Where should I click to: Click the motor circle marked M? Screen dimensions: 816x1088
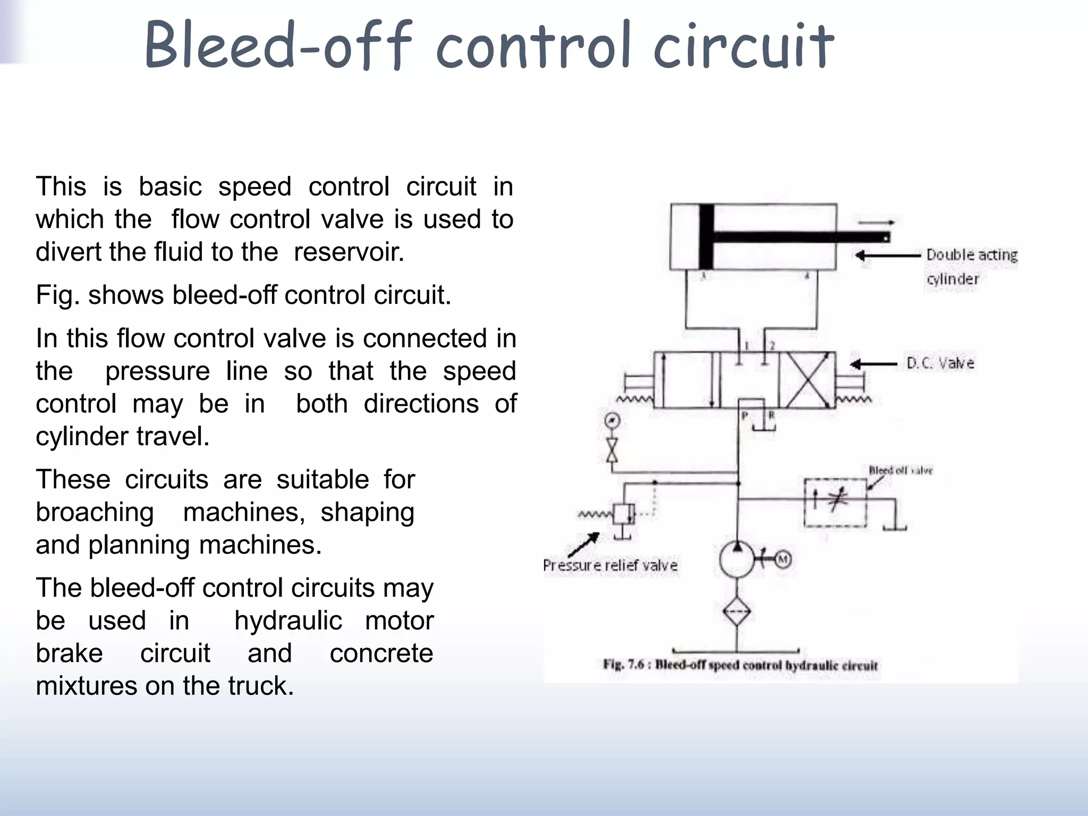pyautogui.click(x=783, y=559)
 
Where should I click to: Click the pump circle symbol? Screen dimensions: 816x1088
pyautogui.click(x=737, y=559)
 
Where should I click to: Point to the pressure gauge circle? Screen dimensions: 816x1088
pyautogui.click(x=613, y=421)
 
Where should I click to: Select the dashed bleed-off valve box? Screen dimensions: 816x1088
pyautogui.click(x=835, y=502)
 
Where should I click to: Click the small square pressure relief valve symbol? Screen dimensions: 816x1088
pyautogui.click(x=623, y=514)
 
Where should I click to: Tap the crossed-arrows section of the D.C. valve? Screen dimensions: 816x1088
pyautogui.click(x=807, y=380)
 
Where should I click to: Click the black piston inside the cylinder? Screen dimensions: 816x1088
pyautogui.click(x=707, y=237)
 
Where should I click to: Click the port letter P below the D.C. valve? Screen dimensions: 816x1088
pyautogui.click(x=745, y=415)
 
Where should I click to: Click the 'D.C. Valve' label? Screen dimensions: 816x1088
pyautogui.click(x=940, y=363)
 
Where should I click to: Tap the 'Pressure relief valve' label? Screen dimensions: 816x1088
pyautogui.click(x=610, y=565)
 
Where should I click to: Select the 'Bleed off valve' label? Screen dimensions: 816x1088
pyautogui.click(x=900, y=470)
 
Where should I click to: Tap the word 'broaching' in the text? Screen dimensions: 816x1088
pyautogui.click(x=95, y=512)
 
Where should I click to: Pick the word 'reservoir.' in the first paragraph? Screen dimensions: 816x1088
pyautogui.click(x=349, y=252)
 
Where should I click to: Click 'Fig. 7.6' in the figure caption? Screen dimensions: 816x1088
pyautogui.click(x=623, y=665)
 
